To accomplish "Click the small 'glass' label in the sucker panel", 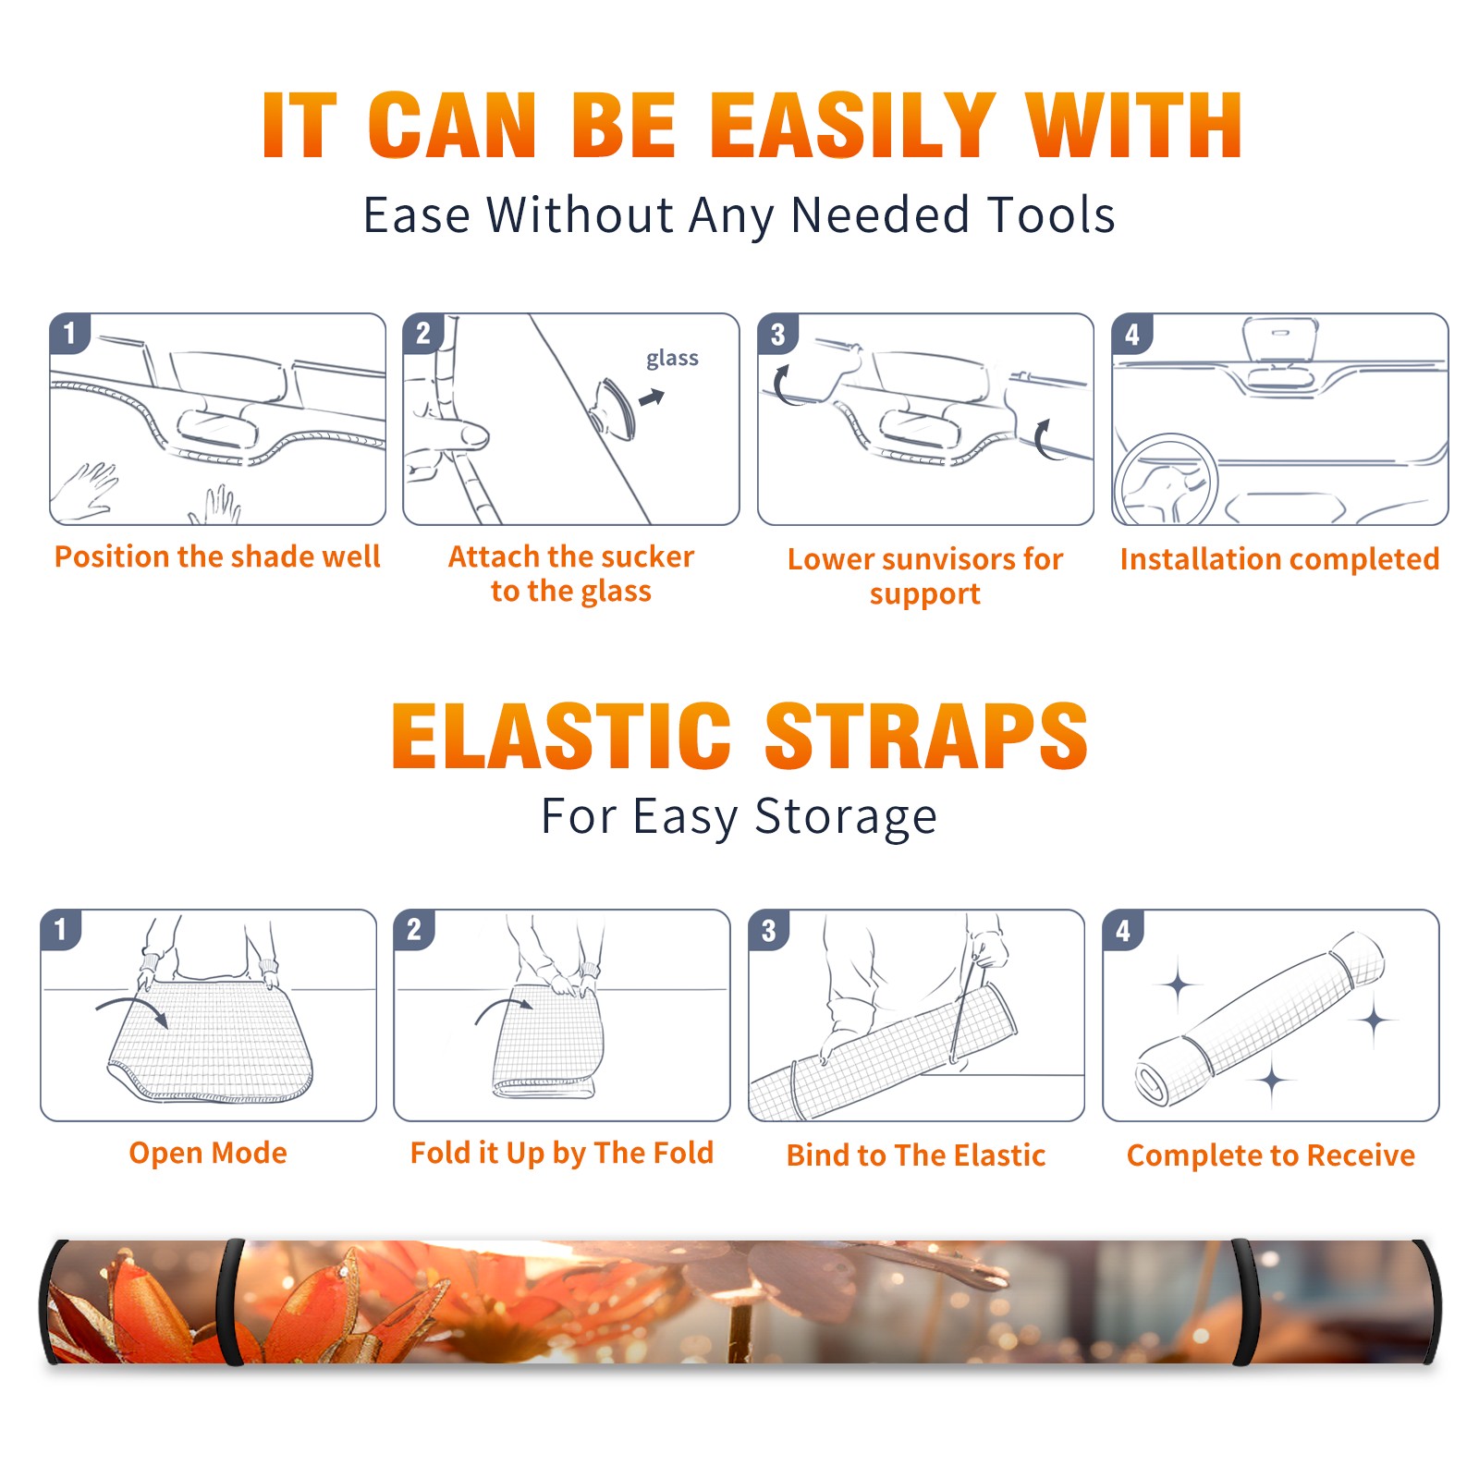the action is click(672, 359).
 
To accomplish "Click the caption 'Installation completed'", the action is click(1279, 558).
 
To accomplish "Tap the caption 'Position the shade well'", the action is click(217, 556).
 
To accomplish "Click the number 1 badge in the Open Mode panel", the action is click(61, 929).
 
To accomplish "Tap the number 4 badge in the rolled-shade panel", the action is click(1123, 930).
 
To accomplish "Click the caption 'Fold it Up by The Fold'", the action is click(562, 1153).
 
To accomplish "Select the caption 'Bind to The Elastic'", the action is click(916, 1155).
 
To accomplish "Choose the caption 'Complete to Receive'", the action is click(1271, 1155).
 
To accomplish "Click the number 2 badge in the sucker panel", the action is click(423, 334).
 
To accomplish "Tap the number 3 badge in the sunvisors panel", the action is click(777, 334).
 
